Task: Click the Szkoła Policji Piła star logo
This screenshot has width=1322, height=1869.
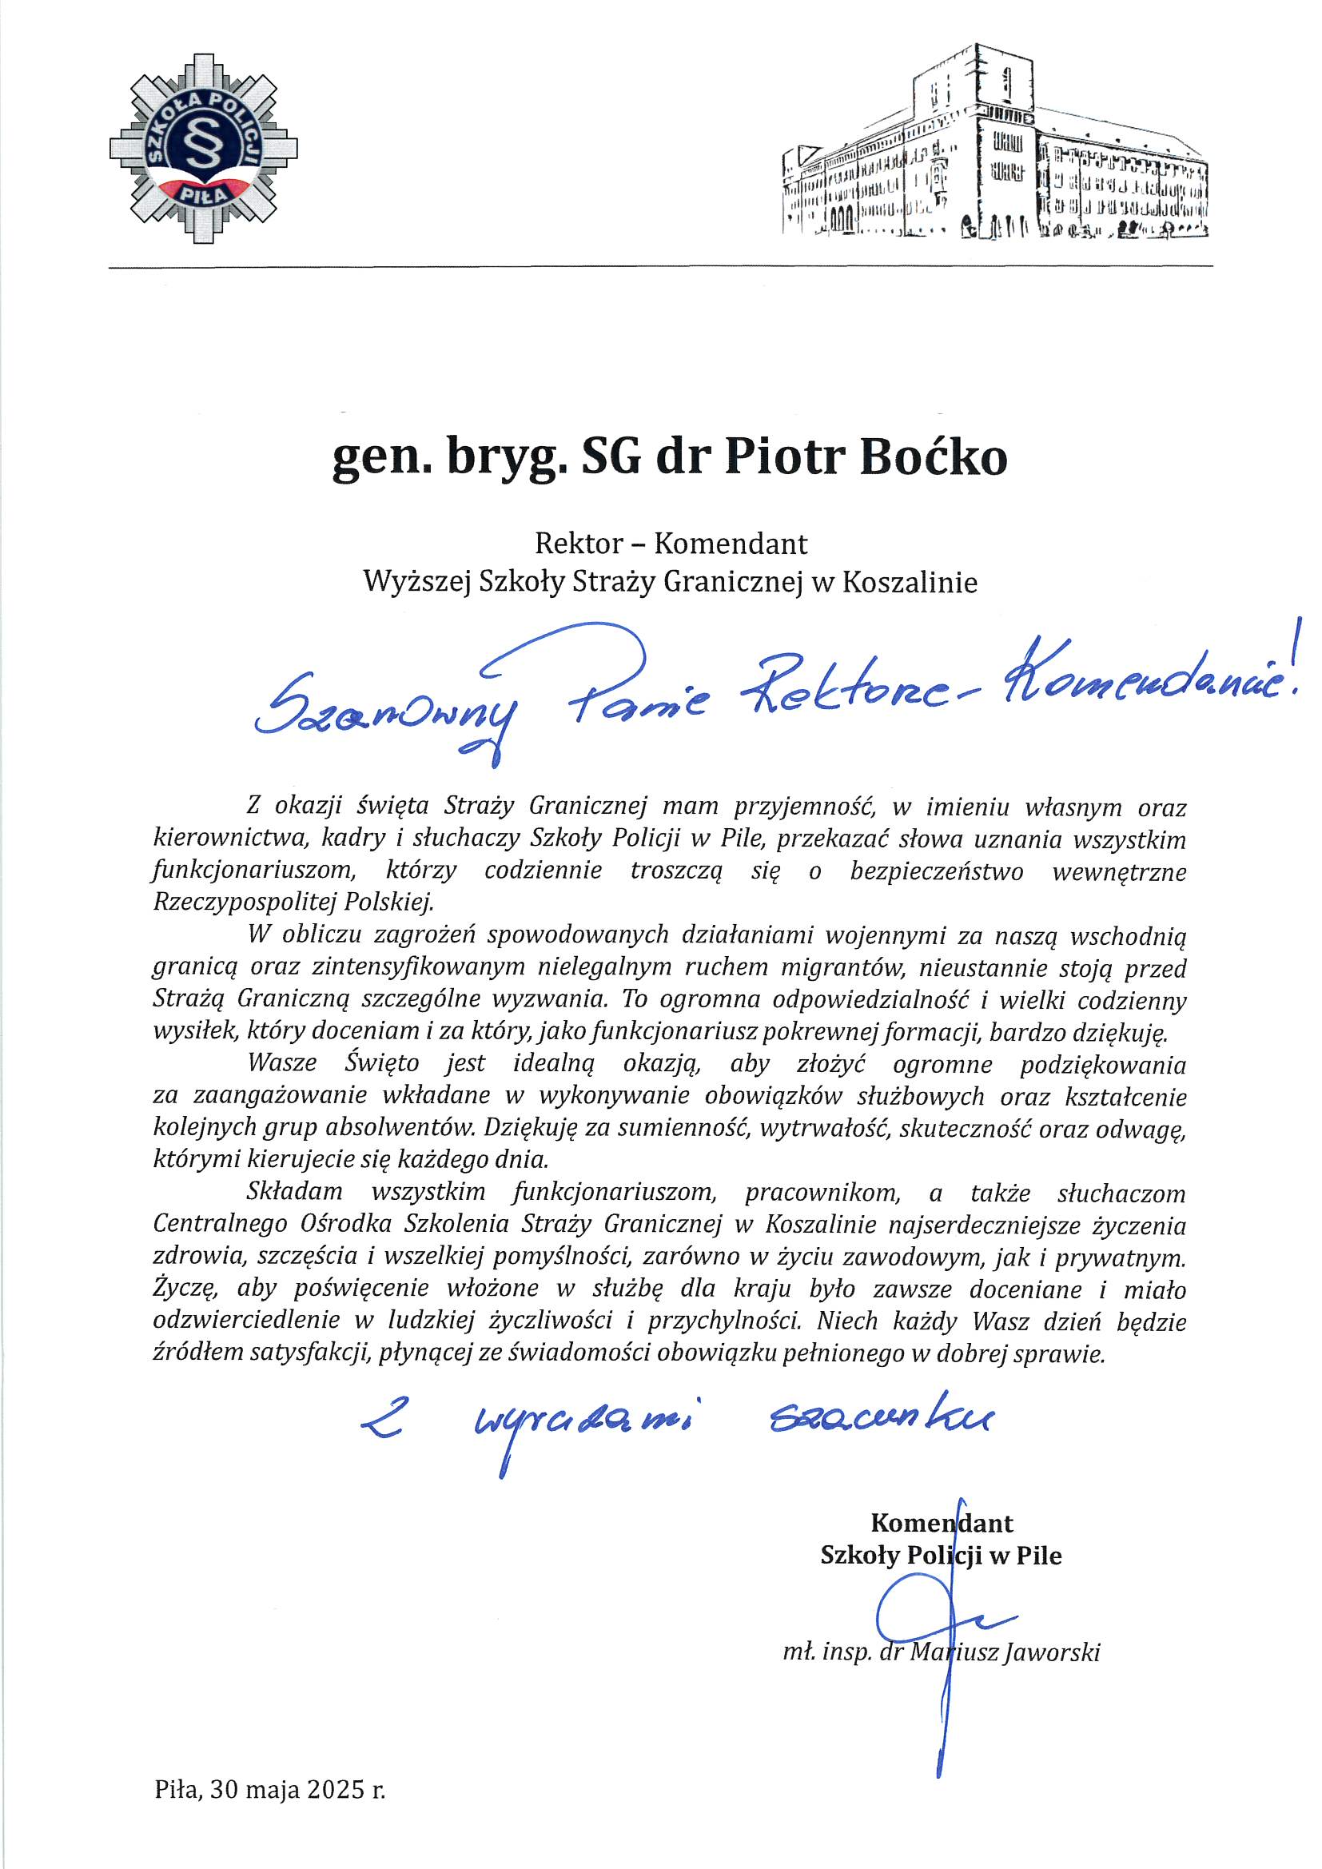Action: pos(204,148)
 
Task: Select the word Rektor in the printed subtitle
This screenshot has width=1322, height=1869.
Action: pos(579,544)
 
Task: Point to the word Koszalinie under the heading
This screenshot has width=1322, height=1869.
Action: pos(910,583)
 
